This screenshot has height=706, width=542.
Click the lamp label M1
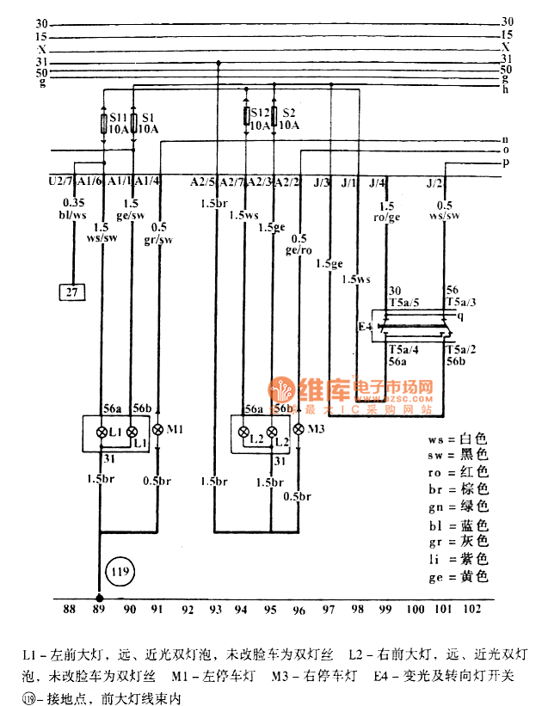pos(175,428)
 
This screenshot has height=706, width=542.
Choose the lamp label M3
pos(317,429)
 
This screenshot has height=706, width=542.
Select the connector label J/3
pos(322,182)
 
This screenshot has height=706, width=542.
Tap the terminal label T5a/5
pos(403,303)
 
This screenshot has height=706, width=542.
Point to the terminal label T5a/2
pos(461,350)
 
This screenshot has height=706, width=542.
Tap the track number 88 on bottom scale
pos(69,610)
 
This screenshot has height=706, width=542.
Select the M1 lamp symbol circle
pos(157,429)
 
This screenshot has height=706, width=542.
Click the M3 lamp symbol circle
pos(298,429)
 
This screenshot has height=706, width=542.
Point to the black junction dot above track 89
pos(99,597)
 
